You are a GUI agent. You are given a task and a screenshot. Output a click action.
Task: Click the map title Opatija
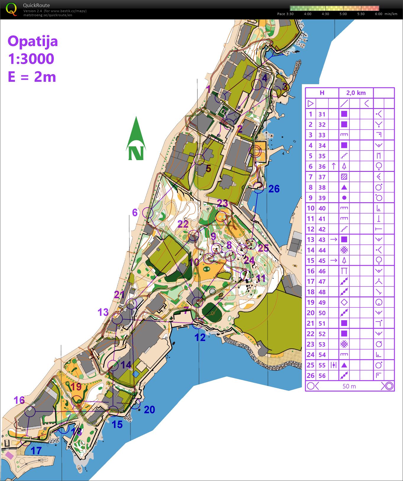point(33,41)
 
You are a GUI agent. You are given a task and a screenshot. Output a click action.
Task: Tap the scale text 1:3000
point(31,59)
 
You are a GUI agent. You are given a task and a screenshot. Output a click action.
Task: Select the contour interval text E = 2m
point(32,77)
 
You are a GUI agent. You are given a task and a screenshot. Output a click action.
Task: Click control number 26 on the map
point(274,189)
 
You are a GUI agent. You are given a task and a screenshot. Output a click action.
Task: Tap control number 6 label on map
point(135,212)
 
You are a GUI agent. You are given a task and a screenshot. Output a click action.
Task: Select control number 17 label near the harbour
point(36,451)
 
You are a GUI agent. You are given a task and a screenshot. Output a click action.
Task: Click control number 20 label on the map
point(149,410)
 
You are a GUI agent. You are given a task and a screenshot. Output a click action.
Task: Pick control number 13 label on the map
point(103,312)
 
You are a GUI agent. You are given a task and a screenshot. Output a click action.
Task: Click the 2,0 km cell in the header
point(356,93)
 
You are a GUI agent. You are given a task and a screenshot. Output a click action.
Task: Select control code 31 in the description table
point(322,114)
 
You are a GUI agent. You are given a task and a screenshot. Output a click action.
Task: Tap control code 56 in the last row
point(322,376)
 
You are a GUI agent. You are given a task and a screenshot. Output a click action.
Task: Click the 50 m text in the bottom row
point(349,386)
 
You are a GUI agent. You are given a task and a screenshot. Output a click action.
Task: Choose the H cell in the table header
point(322,93)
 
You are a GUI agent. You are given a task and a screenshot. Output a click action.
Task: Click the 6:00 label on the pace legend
point(378,14)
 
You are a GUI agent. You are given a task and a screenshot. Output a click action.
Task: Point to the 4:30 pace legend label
point(325,14)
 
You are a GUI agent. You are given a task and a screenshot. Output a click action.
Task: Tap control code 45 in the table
point(322,261)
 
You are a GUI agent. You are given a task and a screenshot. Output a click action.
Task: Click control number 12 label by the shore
point(200,337)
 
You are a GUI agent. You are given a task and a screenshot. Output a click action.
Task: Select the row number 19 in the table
point(310,302)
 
